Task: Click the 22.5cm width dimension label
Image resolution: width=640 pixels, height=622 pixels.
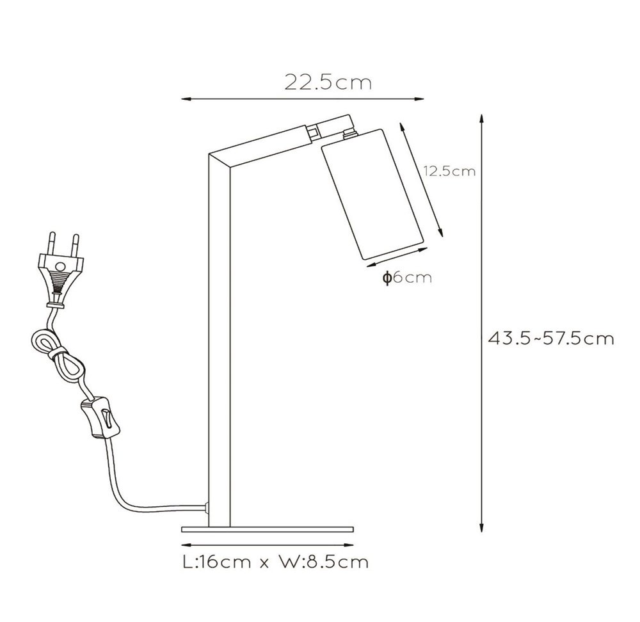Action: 328,82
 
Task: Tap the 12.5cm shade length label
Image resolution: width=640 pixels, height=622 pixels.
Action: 449,171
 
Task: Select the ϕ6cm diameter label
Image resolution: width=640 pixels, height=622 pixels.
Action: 407,278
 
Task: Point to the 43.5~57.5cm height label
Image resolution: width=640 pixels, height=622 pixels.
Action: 551,339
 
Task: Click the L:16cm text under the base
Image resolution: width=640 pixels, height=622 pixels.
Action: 216,562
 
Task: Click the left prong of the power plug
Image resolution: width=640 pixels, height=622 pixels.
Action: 52,243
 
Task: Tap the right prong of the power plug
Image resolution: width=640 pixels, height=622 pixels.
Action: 75,244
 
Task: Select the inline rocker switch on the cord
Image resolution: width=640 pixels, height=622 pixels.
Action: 101,419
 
